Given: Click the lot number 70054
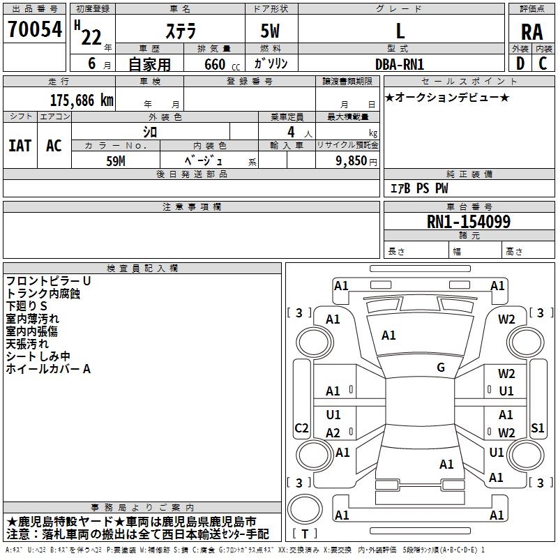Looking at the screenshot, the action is pos(35,29).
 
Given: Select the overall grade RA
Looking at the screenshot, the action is pos(532,32).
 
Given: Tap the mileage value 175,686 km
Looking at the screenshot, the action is pos(82,100).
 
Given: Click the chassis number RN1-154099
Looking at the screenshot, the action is pos(469,221).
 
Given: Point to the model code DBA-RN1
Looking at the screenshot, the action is pos(400,64).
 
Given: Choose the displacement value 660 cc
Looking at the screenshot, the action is pos(222,65).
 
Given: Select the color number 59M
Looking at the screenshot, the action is pos(116,161).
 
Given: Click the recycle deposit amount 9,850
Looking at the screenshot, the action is pos(352,161).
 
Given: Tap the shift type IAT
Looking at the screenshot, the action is pos(20,146).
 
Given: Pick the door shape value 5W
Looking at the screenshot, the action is pos(270,31).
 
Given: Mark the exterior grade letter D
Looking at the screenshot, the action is pos(520,63).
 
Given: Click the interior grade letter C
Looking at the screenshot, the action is pos(543,63).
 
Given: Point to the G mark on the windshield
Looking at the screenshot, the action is pos(441,368).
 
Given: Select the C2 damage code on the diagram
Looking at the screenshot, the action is pos(301,428).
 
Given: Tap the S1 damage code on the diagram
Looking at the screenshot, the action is pos(537,428).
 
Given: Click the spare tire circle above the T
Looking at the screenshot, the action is pos(305,509).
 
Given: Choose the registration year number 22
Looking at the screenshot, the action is pos(91,37).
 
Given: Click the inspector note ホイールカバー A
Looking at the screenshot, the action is pos(48,369).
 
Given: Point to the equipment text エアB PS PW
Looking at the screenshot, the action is pos(419,188).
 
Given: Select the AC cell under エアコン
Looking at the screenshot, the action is pos(54,146).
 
